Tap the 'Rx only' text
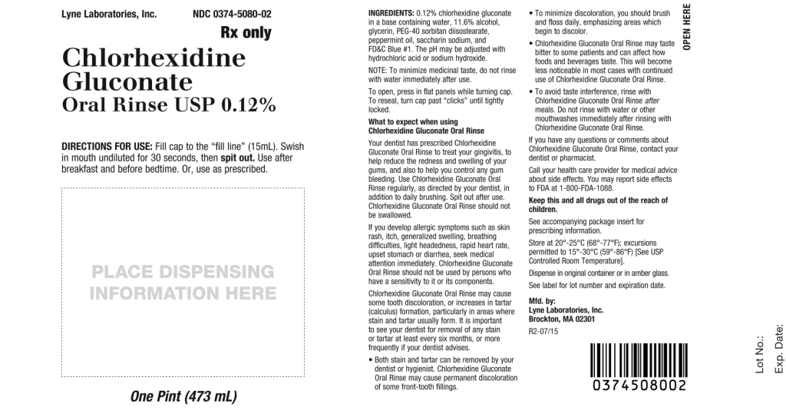click(x=246, y=33)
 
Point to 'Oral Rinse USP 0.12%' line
click(x=168, y=105)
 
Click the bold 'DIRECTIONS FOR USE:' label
click(x=107, y=146)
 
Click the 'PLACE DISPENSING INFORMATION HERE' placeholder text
click(x=183, y=282)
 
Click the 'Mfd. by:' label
click(x=543, y=301)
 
